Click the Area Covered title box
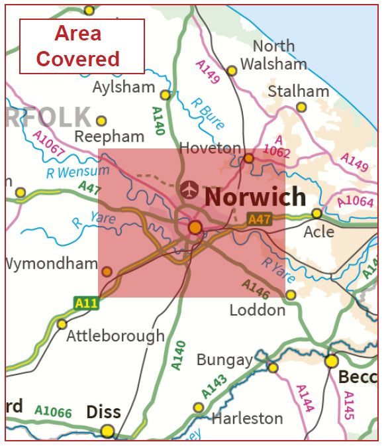(x=82, y=46)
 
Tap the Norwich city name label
(x=256, y=197)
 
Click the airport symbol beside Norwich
(x=189, y=190)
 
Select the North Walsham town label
(x=273, y=55)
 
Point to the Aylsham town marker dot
(x=166, y=95)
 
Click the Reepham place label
(x=109, y=137)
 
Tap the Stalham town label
(x=298, y=91)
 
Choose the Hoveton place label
(x=211, y=148)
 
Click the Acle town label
(x=319, y=233)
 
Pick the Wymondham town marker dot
(x=107, y=271)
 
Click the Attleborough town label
(x=115, y=335)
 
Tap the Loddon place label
(x=257, y=309)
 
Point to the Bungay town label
(x=224, y=360)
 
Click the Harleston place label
(x=247, y=418)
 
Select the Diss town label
(x=104, y=412)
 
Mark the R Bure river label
(x=206, y=113)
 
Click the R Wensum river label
(x=68, y=172)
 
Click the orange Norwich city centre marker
(x=195, y=228)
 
